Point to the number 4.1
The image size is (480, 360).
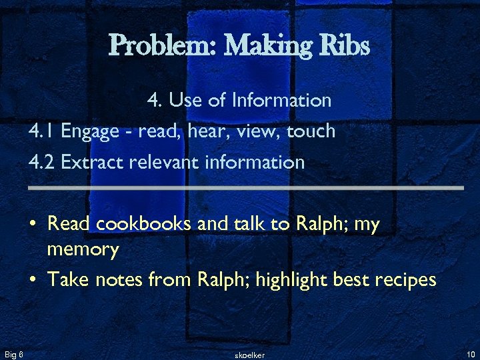pyautogui.click(x=42, y=131)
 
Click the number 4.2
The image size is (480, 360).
pyautogui.click(x=42, y=162)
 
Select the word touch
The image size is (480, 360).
pyautogui.click(x=311, y=131)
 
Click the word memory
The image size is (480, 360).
pyautogui.click(x=83, y=251)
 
